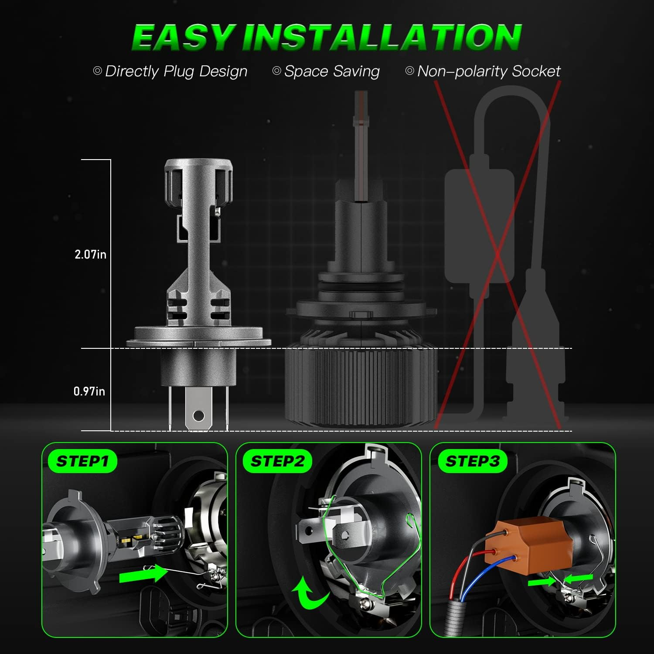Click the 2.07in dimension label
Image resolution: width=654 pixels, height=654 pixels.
pos(90,255)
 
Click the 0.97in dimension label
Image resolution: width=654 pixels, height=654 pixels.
pos(89,391)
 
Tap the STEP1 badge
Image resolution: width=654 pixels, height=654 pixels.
pos(82,461)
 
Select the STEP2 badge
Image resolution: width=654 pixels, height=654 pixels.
pos(277,461)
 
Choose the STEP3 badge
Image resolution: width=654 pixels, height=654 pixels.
pos(472,461)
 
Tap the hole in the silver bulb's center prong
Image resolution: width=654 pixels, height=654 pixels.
pos(198,416)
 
